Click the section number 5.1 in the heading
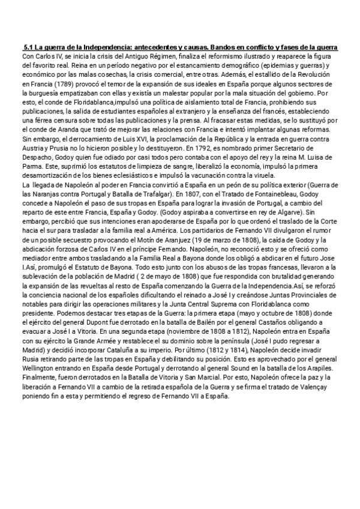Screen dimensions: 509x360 28,47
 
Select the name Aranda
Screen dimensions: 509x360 66,129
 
